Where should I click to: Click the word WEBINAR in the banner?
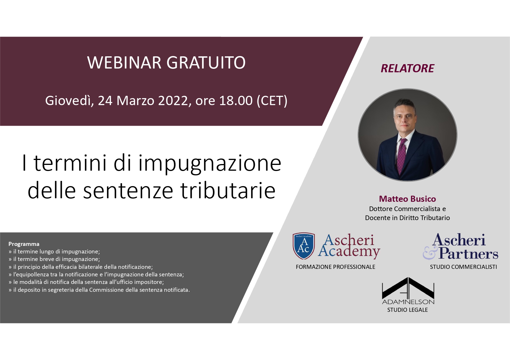[x=124, y=62]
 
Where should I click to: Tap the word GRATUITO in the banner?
[x=206, y=62]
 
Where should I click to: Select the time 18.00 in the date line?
[x=236, y=101]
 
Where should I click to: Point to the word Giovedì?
[x=69, y=101]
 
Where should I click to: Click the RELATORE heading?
[x=407, y=69]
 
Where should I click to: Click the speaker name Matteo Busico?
[x=407, y=199]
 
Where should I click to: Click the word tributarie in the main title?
[x=228, y=191]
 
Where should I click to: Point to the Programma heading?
[x=24, y=244]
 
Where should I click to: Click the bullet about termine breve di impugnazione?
[x=54, y=259]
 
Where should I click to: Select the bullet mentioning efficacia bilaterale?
[x=81, y=267]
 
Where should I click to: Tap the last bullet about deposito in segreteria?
[x=99, y=290]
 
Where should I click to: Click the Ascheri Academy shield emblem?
[x=304, y=246]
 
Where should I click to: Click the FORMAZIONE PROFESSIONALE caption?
[x=335, y=267]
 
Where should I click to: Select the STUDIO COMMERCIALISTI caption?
[x=463, y=267]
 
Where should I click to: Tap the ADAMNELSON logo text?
[x=408, y=302]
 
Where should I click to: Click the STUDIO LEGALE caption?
[x=407, y=310]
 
